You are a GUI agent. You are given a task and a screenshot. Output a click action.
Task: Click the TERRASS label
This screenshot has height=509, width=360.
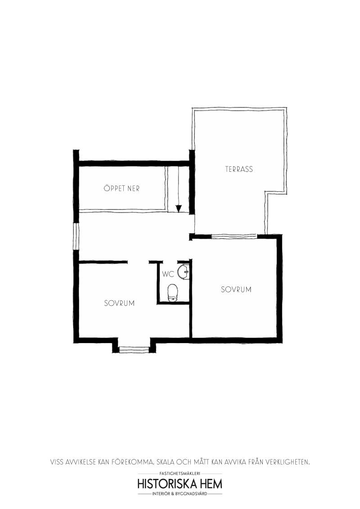click(x=239, y=169)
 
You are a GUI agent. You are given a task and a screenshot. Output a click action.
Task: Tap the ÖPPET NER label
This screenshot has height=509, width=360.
click(x=121, y=188)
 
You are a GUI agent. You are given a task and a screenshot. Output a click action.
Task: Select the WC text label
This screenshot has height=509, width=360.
click(x=168, y=274)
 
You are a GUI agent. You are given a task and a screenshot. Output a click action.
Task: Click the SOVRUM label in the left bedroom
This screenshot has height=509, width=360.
click(x=119, y=303)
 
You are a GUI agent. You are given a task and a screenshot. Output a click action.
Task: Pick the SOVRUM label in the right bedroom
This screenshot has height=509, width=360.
click(x=236, y=290)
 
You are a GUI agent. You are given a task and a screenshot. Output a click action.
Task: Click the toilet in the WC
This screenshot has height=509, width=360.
click(x=172, y=293)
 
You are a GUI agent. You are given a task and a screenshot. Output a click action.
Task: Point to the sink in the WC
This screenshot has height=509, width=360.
click(x=183, y=272)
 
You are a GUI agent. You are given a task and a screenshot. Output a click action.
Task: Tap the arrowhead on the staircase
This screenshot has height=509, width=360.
click(x=178, y=208)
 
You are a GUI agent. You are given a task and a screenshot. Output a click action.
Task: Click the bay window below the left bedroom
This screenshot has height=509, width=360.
click(x=134, y=349)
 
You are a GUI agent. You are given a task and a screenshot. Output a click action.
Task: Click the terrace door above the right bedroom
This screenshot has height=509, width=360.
click(x=234, y=236)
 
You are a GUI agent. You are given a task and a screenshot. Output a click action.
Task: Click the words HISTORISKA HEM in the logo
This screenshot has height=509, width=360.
click(x=180, y=484)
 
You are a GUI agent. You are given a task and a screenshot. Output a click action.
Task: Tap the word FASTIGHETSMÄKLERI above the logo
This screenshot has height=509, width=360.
click(x=180, y=474)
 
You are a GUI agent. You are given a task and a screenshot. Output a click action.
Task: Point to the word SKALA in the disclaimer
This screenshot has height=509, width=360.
click(x=166, y=462)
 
